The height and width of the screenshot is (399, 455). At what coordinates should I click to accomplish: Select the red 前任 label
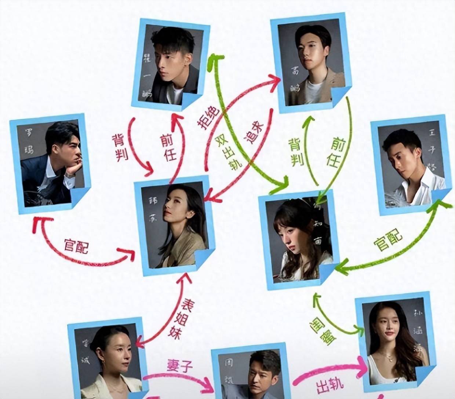[x=169, y=148]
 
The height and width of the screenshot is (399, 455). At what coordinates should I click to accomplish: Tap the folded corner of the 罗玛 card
[x=80, y=198]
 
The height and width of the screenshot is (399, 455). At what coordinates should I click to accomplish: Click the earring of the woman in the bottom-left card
[x=103, y=363]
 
